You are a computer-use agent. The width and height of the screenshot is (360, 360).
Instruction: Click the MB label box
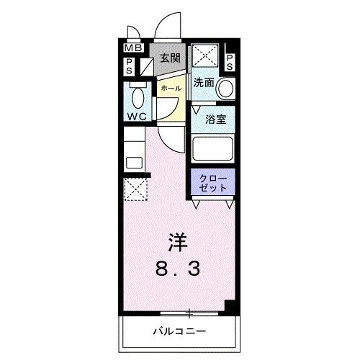[x=134, y=48]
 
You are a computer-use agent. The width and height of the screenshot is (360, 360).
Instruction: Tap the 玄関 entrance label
[x=170, y=58]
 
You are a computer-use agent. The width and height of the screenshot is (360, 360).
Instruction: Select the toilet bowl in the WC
[x=138, y=98]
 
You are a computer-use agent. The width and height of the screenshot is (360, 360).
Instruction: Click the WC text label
[x=137, y=117]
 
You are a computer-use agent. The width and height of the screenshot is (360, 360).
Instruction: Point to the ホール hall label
[x=171, y=88]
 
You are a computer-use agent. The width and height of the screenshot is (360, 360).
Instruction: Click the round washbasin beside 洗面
[x=226, y=88]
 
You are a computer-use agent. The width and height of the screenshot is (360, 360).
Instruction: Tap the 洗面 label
[x=204, y=82]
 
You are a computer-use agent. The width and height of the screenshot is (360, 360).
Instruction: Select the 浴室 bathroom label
[x=216, y=119]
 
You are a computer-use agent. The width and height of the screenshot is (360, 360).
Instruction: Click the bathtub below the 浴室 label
[x=213, y=149]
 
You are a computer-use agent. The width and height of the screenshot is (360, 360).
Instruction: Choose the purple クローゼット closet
[x=213, y=182]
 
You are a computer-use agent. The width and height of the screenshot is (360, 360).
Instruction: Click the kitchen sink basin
[x=134, y=163]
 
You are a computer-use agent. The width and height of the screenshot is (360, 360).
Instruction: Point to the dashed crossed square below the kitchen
[x=135, y=189]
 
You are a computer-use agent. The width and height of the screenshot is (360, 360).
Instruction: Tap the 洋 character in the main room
[x=178, y=243]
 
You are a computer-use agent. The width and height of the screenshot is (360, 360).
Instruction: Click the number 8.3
[x=178, y=269]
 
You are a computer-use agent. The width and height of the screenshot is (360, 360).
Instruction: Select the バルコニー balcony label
[x=179, y=331]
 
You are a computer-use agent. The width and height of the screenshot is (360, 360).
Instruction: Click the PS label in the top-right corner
[x=230, y=62]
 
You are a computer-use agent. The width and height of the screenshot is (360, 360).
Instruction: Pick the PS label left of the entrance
[x=129, y=67]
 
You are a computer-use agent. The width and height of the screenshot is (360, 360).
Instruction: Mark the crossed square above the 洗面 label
[x=205, y=55]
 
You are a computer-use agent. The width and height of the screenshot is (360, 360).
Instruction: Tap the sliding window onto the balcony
[x=189, y=313]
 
